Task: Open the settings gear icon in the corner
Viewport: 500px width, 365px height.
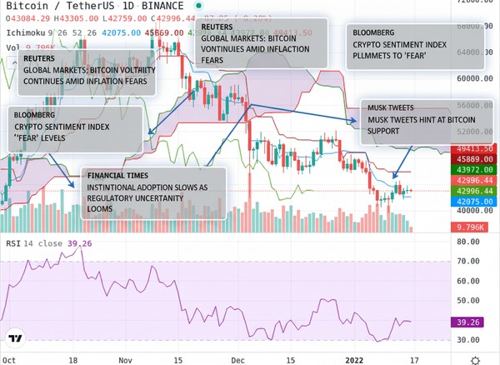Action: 474,358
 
